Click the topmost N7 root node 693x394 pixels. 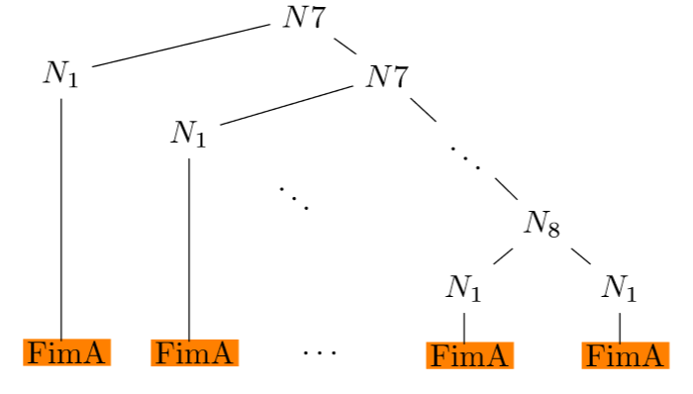click(x=303, y=19)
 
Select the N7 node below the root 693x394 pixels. click(x=386, y=76)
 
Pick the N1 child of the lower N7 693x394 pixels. click(x=188, y=134)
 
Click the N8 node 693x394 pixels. click(x=542, y=225)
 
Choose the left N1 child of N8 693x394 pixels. click(x=463, y=288)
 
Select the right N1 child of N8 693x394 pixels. click(x=619, y=288)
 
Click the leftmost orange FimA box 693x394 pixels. click(x=65, y=351)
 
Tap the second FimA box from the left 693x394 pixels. click(x=194, y=351)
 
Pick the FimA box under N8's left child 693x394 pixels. click(x=468, y=354)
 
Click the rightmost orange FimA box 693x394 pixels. click(x=623, y=355)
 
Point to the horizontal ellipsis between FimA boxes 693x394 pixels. click(x=320, y=351)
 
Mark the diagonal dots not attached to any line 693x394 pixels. click(x=294, y=196)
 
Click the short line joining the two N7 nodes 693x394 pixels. click(x=345, y=47)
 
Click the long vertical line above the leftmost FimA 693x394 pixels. click(x=61, y=218)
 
